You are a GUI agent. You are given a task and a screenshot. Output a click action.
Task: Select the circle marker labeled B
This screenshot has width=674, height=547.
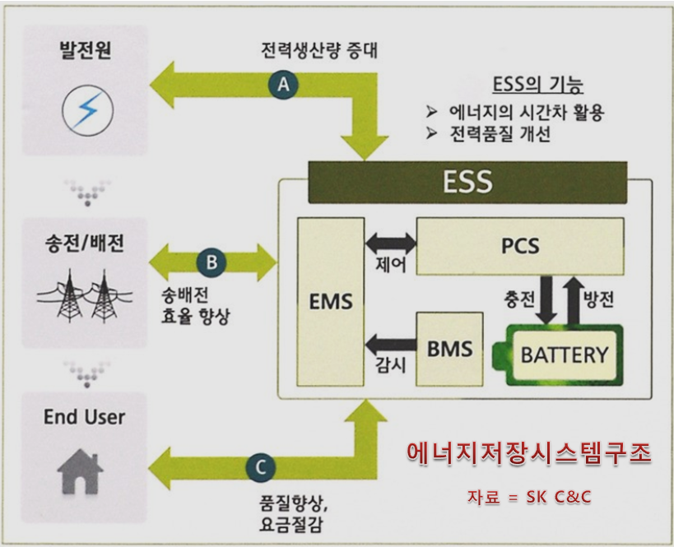coord(211,262)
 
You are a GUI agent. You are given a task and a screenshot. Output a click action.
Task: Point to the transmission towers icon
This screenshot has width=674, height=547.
coord(85,295)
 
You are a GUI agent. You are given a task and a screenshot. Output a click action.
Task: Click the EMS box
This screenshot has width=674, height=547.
coord(330,302)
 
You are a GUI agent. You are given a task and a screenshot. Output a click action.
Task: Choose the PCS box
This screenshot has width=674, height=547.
coord(519,246)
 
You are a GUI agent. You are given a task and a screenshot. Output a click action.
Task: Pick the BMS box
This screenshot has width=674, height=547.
coord(449,349)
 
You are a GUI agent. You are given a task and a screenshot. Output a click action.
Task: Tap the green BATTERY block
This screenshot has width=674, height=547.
coord(564,355)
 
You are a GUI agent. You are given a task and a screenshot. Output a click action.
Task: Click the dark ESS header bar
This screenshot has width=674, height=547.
coord(467,182)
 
